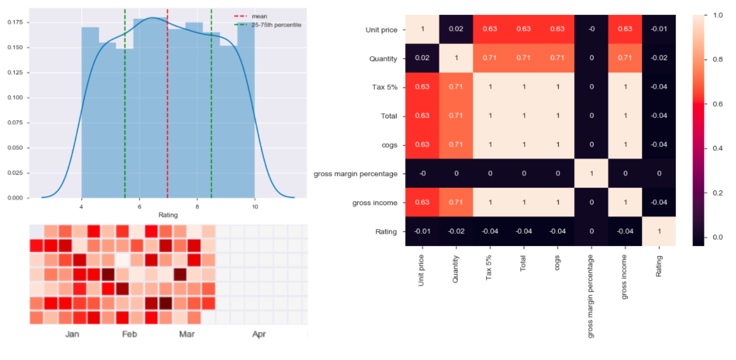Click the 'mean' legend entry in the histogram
point(258,16)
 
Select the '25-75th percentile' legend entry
point(276,25)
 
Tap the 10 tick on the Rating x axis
point(255,207)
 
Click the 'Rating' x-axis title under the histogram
point(168,215)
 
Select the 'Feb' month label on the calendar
point(129,334)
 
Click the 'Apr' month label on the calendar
point(258,334)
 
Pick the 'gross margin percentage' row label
point(355,174)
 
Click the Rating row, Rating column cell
point(659,232)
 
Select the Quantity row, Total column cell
point(524,58)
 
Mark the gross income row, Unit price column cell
point(422,203)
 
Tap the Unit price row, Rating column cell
point(659,29)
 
